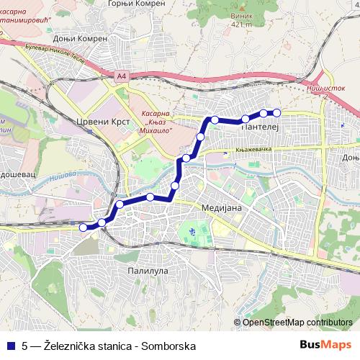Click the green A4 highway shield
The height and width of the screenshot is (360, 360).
(x=120, y=74)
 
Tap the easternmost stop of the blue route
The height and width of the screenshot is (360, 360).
(x=276, y=112)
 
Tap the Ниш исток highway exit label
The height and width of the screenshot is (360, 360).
(x=332, y=87)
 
